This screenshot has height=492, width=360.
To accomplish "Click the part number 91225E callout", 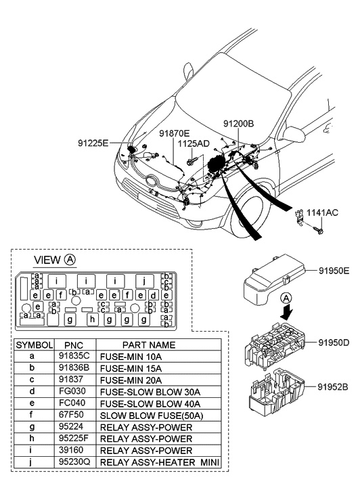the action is pyautogui.click(x=93, y=143).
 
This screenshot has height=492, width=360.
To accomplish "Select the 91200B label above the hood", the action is pyautogui.click(x=239, y=124).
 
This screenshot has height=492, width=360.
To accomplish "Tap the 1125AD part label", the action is pyautogui.click(x=194, y=143).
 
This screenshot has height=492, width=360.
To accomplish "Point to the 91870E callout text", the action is pyautogui.click(x=174, y=134).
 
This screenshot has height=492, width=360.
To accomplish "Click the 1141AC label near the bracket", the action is pyautogui.click(x=322, y=213).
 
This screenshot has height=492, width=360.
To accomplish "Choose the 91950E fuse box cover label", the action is pyautogui.click(x=334, y=271).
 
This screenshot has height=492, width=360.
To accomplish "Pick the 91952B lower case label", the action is pyautogui.click(x=334, y=387).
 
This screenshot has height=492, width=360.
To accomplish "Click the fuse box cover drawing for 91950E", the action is pyautogui.click(x=275, y=279).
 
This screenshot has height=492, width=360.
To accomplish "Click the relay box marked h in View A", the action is pyautogui.click(x=92, y=319).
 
